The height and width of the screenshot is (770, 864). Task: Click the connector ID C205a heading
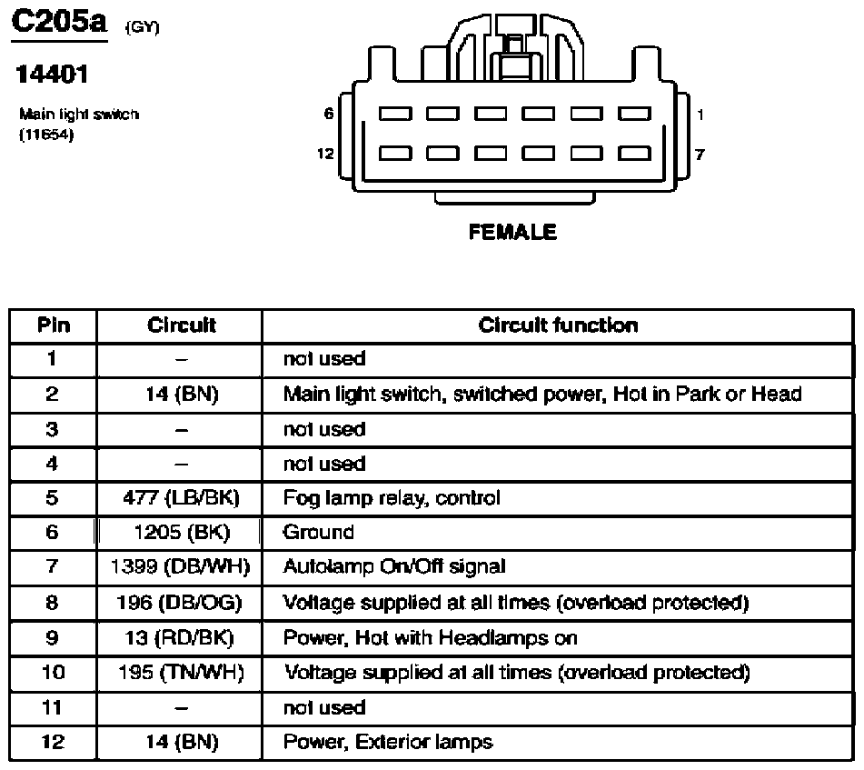59,23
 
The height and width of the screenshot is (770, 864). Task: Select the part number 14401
52,75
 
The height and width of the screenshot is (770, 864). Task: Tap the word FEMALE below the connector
512,232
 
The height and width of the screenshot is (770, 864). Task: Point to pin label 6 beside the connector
329,114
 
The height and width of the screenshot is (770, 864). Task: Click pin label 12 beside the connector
325,154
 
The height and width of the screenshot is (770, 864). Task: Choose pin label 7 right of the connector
700,155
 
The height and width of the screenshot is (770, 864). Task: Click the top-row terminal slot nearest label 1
634,114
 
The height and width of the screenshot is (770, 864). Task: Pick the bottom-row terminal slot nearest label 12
395,153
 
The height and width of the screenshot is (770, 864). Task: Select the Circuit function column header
558,325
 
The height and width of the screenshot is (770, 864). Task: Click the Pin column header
54,325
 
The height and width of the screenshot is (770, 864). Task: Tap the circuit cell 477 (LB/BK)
182,498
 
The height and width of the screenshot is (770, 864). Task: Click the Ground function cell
318,533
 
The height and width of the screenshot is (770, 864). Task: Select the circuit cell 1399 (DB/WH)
180,566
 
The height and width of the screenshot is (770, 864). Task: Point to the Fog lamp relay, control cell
392,498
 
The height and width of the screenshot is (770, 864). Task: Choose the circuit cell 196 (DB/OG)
179,603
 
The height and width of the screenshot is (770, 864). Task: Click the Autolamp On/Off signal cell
394,566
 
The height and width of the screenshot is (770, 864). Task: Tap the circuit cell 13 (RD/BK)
180,637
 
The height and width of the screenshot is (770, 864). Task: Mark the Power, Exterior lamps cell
388,742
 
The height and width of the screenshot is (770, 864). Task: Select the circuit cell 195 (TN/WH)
182,673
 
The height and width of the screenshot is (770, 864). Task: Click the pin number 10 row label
53,673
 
